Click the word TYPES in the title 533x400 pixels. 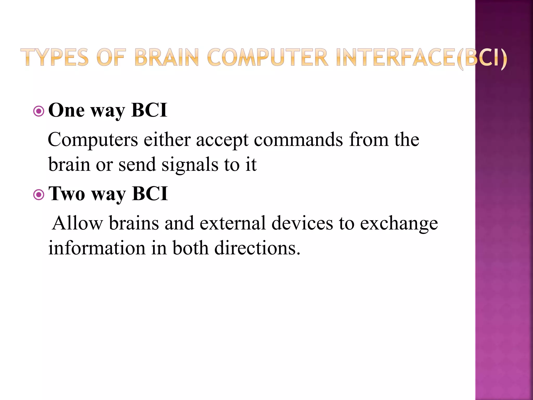coord(54,57)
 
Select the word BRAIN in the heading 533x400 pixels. coord(167,57)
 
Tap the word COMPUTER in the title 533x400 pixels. coord(268,57)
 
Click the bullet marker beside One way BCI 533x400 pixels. coord(39,111)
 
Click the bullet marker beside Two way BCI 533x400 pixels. coord(39,195)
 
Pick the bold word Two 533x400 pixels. coord(67,194)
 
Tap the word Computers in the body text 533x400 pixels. coord(93,140)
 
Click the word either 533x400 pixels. coord(167,140)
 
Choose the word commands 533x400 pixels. coord(298,140)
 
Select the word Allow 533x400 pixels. coord(77,223)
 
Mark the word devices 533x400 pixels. coord(302,223)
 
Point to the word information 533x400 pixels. coord(97,248)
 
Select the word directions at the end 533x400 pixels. coord(257,248)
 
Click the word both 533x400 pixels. coord(191,248)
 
